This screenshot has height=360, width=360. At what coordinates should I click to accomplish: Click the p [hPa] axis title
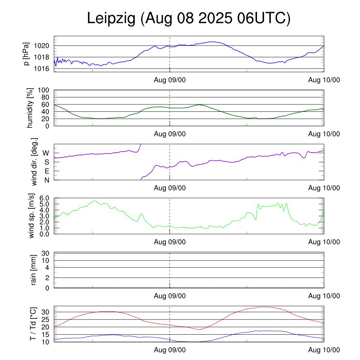point(26,54)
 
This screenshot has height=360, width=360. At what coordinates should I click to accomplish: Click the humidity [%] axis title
point(30,108)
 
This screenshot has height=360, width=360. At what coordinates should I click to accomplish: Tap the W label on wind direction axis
point(46,153)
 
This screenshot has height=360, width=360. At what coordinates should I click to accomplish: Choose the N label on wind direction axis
point(46,180)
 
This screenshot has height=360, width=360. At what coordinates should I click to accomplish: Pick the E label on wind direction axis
point(46,171)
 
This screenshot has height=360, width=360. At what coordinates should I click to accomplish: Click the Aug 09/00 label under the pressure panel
point(170,80)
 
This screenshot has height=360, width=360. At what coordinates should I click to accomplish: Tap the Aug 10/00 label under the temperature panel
point(324,350)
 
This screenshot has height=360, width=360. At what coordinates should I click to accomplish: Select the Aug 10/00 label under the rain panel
point(324,296)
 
